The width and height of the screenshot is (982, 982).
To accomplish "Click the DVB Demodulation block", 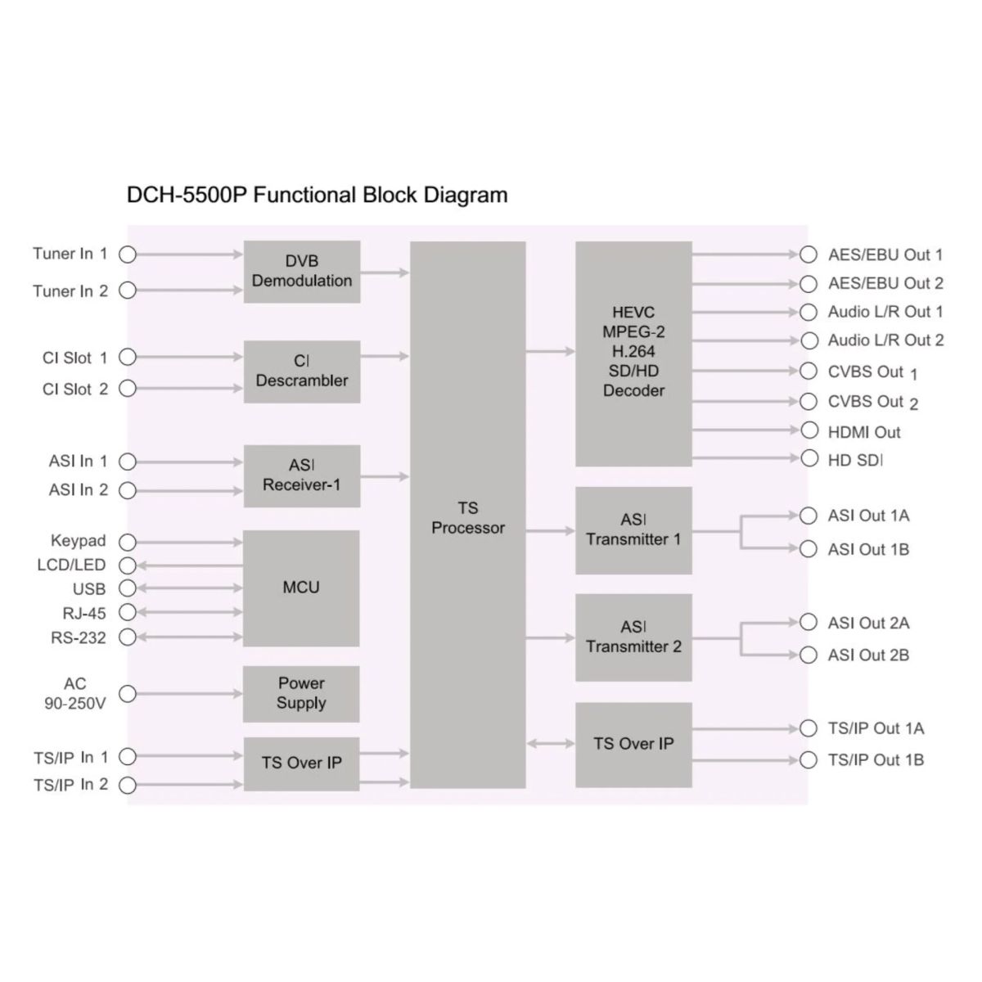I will point(302,272).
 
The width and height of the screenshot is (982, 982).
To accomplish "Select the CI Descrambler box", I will point(302,372).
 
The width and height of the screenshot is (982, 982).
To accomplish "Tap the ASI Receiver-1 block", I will point(302,475).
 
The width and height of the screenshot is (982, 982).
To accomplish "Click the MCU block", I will point(301,588).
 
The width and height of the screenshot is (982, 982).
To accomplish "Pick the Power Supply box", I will point(301,693).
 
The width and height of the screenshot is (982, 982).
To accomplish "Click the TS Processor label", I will point(468,519).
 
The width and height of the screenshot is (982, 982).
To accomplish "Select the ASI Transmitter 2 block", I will point(633,637).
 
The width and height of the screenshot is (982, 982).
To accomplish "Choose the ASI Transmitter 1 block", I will point(633,530).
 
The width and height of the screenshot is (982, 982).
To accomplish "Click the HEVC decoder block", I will point(633,353).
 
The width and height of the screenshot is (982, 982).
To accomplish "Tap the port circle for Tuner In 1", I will point(128,255).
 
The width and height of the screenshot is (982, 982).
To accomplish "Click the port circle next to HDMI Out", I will point(809,430).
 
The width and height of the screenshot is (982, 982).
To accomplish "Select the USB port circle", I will point(128,588).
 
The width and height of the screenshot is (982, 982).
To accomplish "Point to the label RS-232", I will point(79,637).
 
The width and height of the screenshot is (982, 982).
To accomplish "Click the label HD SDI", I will point(855,461).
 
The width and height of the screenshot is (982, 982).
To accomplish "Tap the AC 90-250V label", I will point(75,693).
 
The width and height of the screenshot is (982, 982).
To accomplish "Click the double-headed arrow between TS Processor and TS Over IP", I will point(551,744).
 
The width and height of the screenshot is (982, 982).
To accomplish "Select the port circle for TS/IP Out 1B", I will point(809,760).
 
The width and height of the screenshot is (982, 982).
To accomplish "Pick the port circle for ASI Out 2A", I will point(809,623).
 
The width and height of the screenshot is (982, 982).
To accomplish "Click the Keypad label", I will point(79,541).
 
